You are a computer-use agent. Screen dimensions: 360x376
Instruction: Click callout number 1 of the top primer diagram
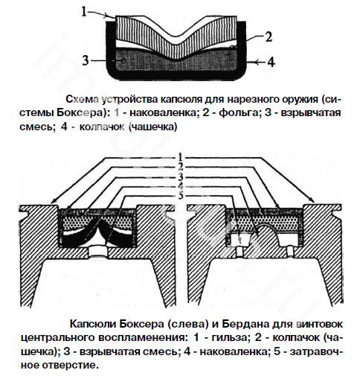84,11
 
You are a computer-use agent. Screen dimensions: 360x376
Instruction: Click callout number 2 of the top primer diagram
269,37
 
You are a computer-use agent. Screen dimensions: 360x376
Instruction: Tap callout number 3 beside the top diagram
86,60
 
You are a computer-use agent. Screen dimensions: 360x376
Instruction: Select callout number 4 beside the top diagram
271,62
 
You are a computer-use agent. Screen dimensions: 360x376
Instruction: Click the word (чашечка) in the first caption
152,127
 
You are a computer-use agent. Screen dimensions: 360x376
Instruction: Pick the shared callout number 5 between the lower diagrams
181,196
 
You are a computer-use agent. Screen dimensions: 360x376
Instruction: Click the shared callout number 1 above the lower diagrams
181,157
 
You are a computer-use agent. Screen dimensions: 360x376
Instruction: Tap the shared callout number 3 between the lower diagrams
181,176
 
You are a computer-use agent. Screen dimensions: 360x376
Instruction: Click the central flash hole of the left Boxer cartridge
98,252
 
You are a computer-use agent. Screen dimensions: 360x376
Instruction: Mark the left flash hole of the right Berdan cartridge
240,252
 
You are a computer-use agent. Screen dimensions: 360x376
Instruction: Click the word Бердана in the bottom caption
251,324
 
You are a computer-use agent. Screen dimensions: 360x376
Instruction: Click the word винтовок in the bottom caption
320,324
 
